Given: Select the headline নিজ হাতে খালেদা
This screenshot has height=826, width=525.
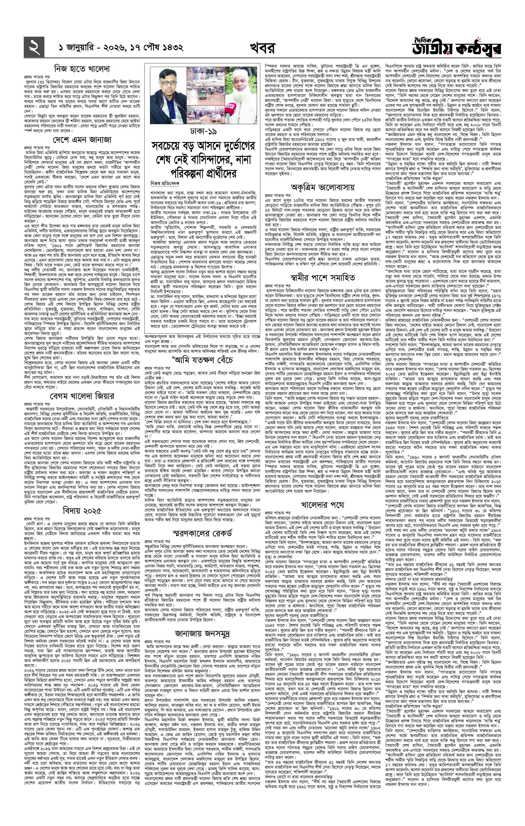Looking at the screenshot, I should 82,69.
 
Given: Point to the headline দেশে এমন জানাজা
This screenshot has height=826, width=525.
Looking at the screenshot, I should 82,140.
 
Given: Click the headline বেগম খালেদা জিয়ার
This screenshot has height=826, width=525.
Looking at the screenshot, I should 82,396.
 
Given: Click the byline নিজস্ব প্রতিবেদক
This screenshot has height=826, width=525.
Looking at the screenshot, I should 162,183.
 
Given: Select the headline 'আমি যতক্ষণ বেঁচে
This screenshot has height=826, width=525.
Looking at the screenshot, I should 203,360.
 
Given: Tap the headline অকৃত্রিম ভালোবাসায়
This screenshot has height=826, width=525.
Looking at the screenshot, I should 322,187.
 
